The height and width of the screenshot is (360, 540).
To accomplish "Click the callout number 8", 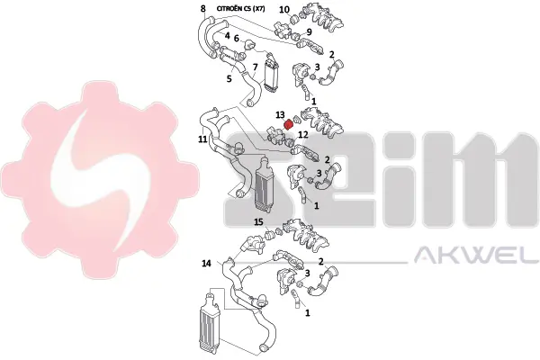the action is [203, 8].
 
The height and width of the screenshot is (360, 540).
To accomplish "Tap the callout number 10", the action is [284, 10].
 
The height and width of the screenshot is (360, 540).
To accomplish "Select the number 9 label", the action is [309, 32].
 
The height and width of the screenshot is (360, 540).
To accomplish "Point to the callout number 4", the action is [228, 35].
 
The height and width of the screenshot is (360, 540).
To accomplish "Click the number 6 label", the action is [236, 38].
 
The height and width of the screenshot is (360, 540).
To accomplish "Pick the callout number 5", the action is [229, 78].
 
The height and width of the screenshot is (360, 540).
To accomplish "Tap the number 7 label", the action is [255, 67].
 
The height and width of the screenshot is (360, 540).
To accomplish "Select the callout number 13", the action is [280, 114].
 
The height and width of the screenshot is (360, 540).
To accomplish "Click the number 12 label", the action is [303, 135].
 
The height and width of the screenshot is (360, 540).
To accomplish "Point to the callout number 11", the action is [202, 139].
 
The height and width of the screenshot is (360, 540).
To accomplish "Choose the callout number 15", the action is [258, 222].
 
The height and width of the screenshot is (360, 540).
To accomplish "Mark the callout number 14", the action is [206, 264].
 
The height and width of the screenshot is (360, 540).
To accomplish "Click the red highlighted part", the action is [288, 124].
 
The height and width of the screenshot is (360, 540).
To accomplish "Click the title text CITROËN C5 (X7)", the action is [240, 9].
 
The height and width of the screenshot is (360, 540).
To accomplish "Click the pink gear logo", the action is [100, 180].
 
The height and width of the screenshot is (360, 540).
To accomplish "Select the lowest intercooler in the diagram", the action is [209, 323].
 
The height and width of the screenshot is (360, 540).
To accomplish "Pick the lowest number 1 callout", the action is [308, 313].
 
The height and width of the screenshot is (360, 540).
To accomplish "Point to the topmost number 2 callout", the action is [331, 54].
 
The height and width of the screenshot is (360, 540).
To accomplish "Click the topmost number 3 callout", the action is [317, 67].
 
